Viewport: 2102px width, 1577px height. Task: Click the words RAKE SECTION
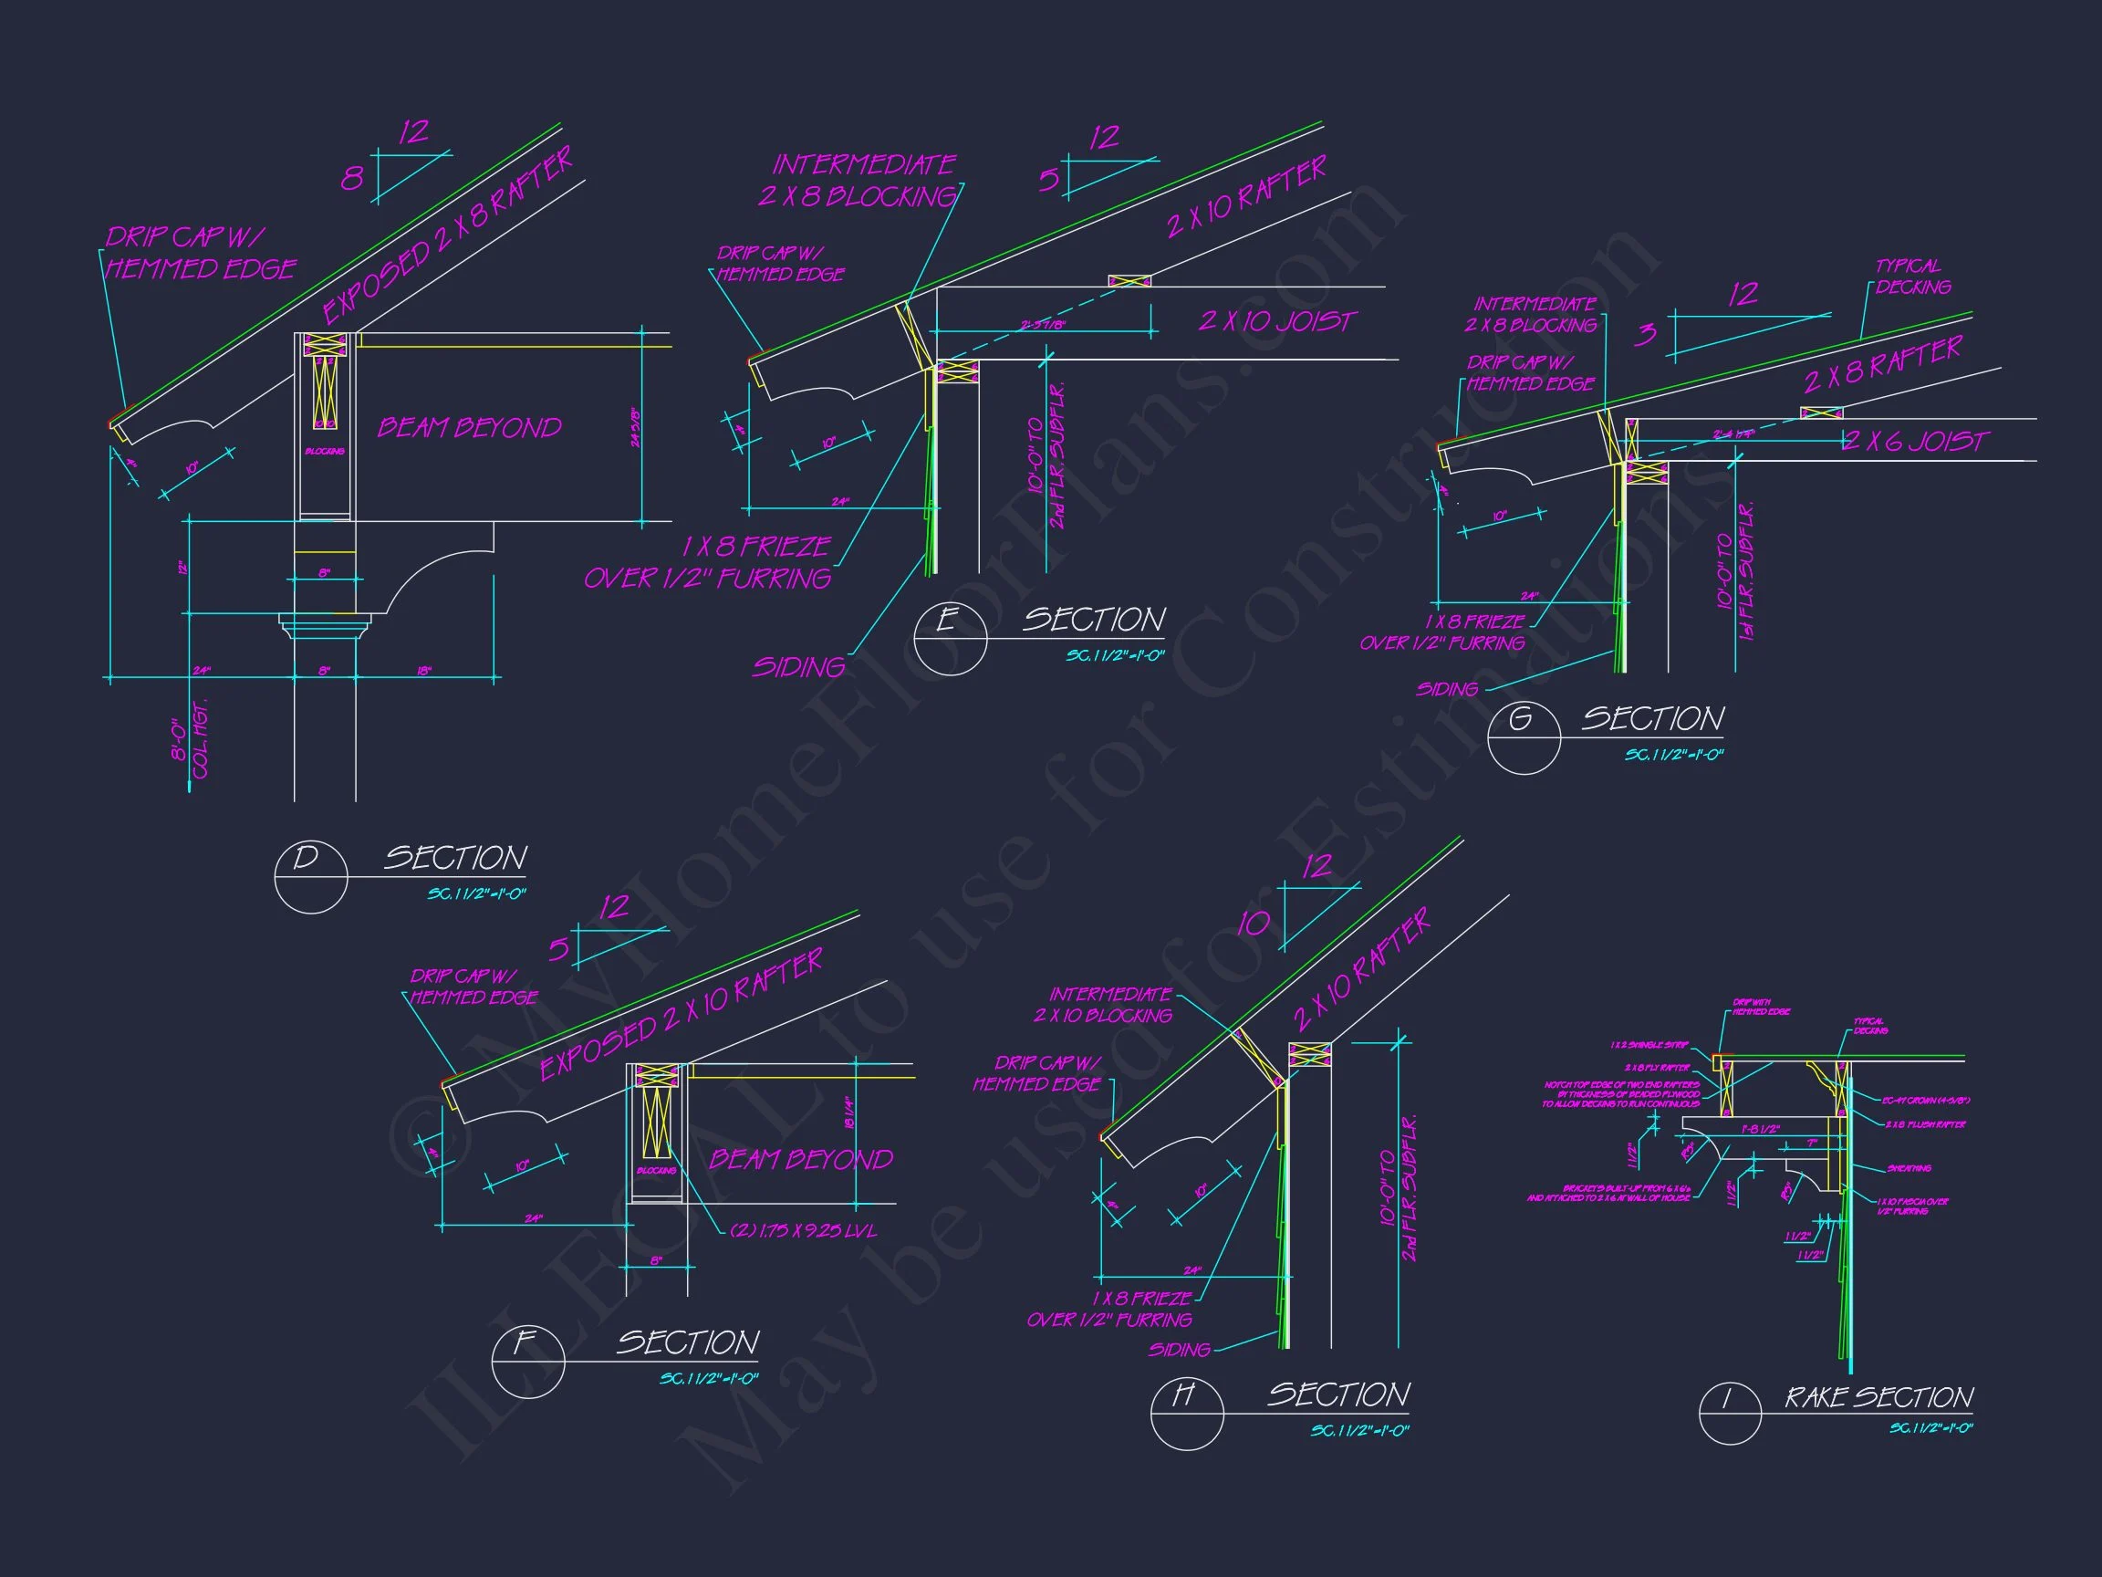1878,1397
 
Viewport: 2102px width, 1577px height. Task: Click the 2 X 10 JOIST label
1277,321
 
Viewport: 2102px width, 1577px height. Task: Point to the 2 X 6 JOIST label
1915,441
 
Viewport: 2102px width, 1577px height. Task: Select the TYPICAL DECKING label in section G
1912,277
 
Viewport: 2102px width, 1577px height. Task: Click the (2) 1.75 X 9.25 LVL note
803,1230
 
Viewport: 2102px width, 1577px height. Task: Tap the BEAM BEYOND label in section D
470,428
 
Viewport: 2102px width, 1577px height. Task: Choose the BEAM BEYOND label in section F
801,1159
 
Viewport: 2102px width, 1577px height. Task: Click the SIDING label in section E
798,667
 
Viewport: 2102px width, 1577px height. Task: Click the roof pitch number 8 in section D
351,179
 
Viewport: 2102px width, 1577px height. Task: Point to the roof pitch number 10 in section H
1253,923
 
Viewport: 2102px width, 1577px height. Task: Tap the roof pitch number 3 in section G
1646,334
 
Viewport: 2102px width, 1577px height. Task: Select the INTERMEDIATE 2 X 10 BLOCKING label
1103,1005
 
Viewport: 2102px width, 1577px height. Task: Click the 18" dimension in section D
424,671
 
